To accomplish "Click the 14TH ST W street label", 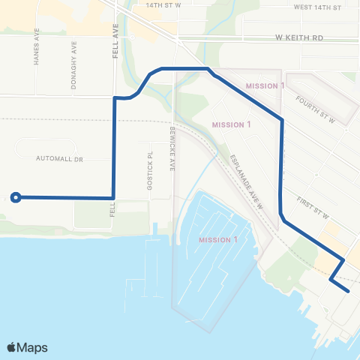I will (x=164, y=5).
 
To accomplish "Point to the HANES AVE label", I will (x=36, y=48).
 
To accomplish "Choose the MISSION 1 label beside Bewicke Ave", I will (x=231, y=124).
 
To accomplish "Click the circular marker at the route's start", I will (x=15, y=197).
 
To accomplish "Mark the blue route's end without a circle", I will (x=349, y=290).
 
